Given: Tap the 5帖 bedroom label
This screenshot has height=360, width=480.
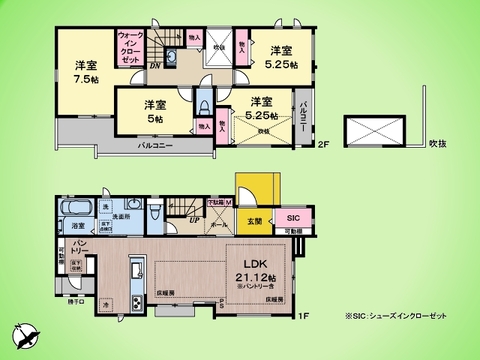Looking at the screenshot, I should (x=153, y=111).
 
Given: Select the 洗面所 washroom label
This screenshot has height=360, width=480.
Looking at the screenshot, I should (x=122, y=216).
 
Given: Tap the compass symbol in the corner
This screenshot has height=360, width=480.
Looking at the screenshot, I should (x=25, y=334).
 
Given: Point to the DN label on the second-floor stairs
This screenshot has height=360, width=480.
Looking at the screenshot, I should (x=155, y=67).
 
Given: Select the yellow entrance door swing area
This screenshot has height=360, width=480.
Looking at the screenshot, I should (x=247, y=189).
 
